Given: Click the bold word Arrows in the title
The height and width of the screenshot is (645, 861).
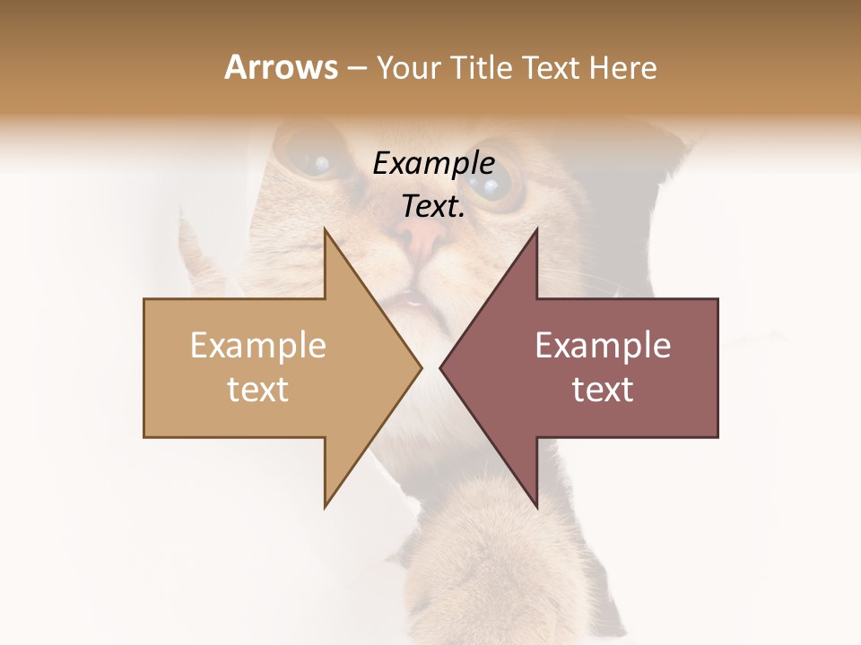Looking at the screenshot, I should (281, 67).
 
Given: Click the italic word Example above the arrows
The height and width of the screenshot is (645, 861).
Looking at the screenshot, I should (433, 164).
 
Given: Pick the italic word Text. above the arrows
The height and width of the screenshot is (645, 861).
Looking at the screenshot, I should (433, 207).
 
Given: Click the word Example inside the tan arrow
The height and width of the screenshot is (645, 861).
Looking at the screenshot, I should (258, 346).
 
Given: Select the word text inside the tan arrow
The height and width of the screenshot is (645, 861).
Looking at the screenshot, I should (258, 390).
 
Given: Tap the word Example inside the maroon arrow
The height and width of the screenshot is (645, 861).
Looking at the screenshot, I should (603, 346).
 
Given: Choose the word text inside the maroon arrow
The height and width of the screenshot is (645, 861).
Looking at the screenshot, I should (603, 390).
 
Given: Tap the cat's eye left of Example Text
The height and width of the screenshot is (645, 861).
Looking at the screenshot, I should (313, 162).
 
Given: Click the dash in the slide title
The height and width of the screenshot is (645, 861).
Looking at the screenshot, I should (355, 69).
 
